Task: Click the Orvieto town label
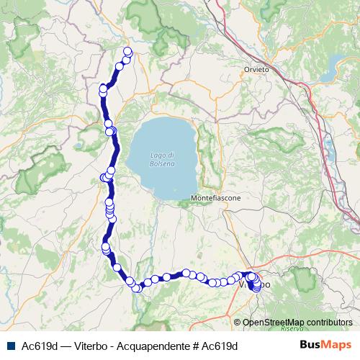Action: pos(256,69)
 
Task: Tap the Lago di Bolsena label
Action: pos(163,160)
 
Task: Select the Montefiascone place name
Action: pos(215,197)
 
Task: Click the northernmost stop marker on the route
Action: pos(127,50)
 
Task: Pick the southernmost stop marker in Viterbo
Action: pos(257,290)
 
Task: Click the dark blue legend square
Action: pos(11,346)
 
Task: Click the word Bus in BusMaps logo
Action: pos(310,345)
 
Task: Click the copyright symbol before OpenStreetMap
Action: pos(238,322)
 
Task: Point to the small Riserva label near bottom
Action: pos(292,328)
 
